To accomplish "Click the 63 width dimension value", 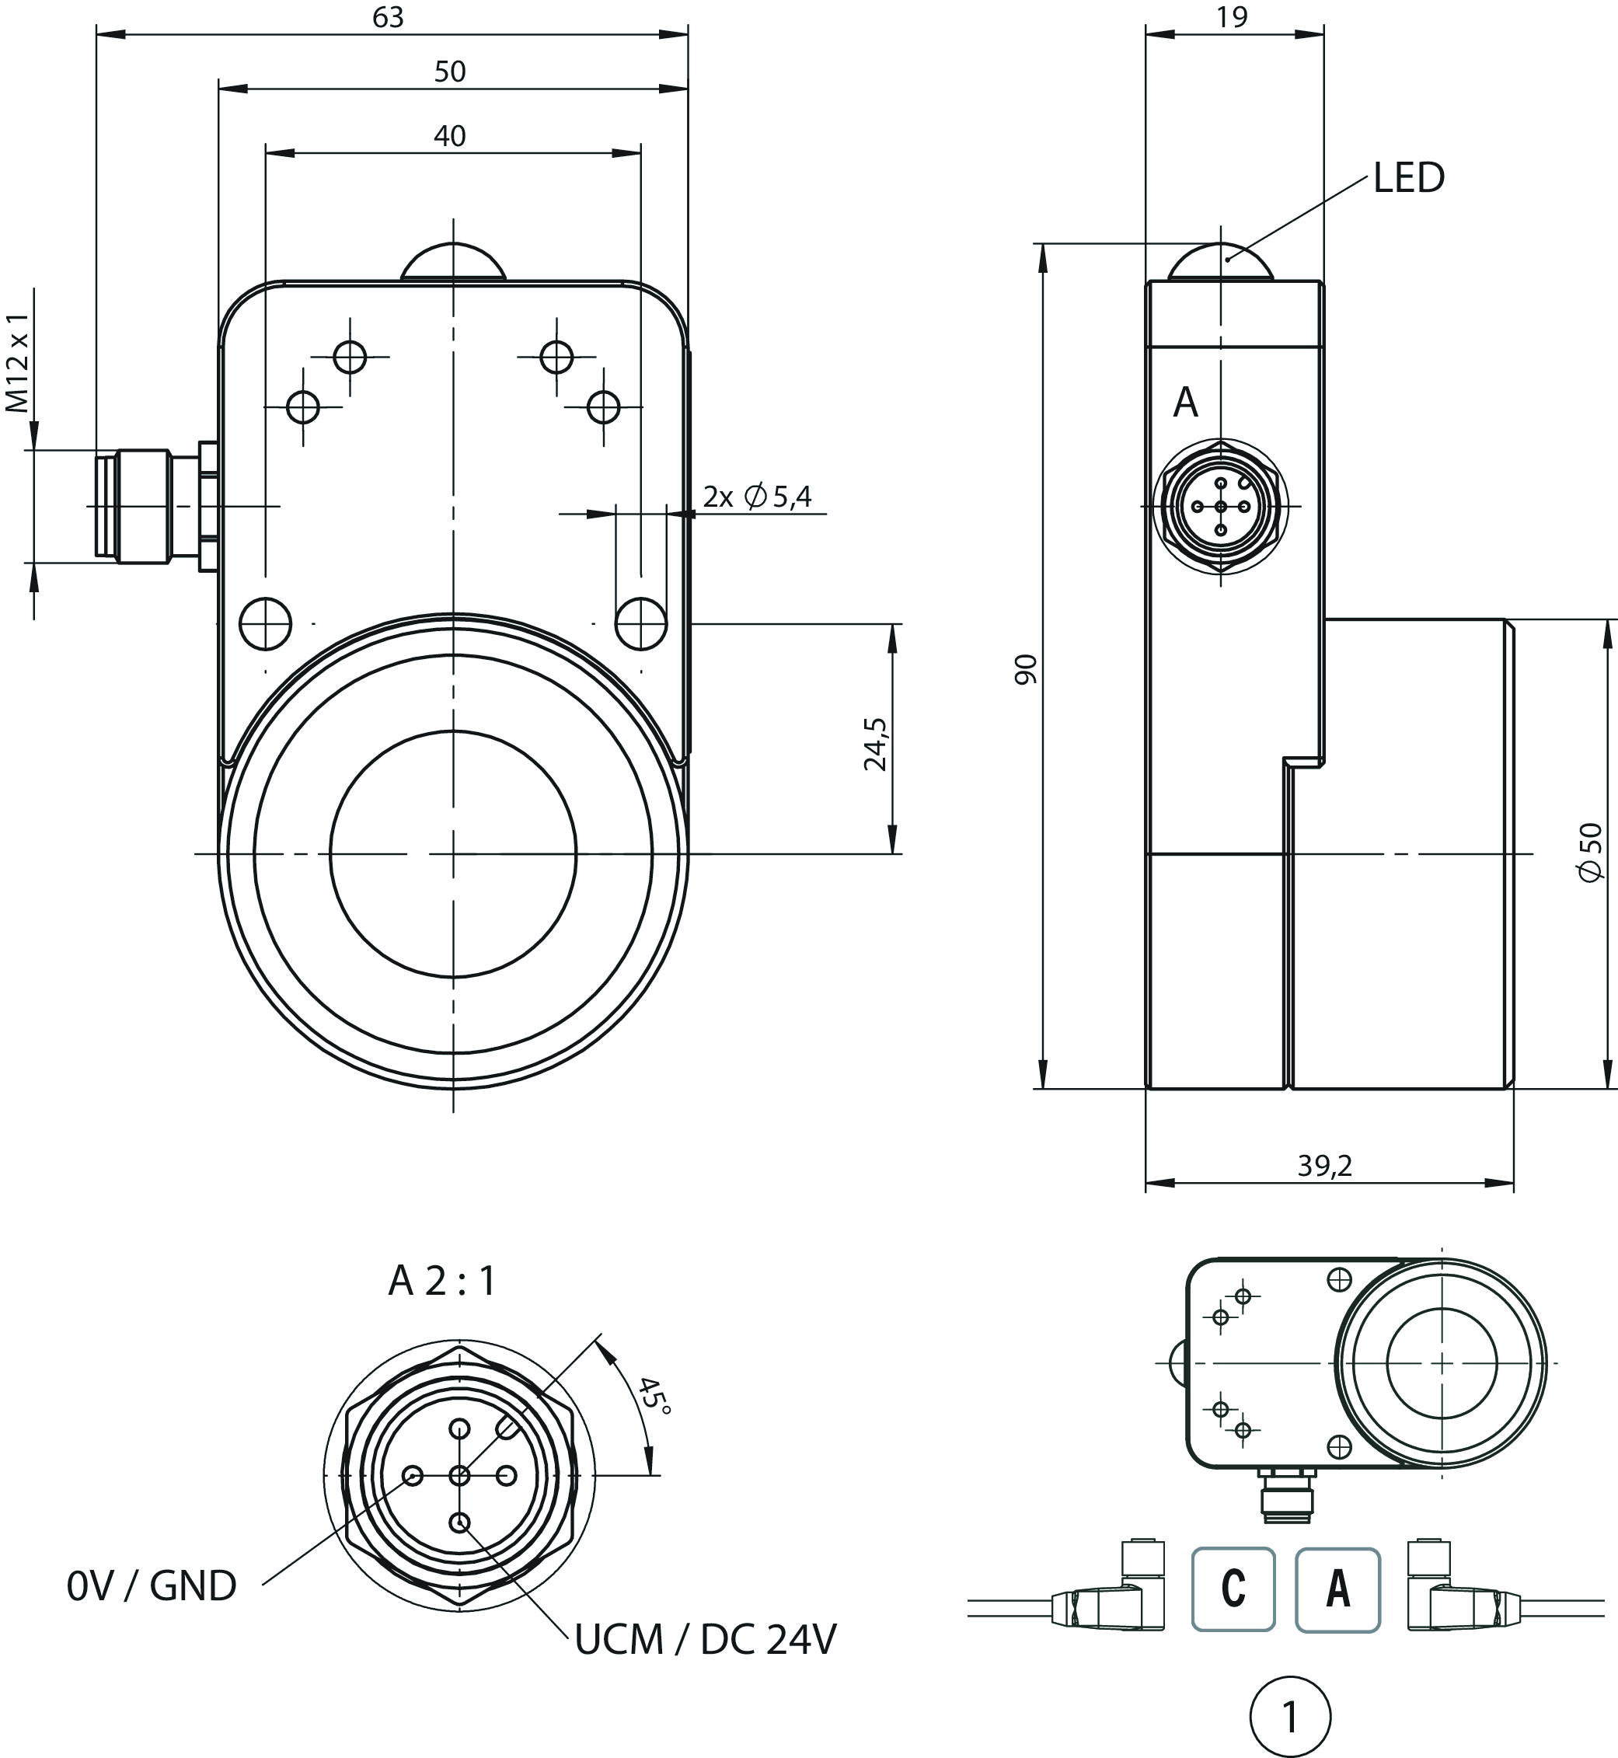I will click(388, 18).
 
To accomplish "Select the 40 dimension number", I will click(450, 136).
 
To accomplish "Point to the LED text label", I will click(1409, 179).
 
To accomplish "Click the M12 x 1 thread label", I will click(19, 361).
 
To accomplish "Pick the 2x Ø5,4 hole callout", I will click(758, 497).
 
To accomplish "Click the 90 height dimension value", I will click(1026, 669).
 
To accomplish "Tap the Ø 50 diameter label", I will click(1592, 852).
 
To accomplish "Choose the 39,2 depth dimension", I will click(1325, 1165).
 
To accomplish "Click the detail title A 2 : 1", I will click(442, 1281).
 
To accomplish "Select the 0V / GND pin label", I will click(152, 1586).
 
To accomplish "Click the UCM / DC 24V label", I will click(706, 1640).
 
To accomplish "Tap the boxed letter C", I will click(1233, 1589).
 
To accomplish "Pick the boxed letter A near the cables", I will click(1337, 1589).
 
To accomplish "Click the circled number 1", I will click(1290, 1718).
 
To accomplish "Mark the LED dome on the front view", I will click(454, 261).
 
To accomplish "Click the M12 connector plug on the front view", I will click(140, 505).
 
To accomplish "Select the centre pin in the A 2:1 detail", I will click(459, 1476).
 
